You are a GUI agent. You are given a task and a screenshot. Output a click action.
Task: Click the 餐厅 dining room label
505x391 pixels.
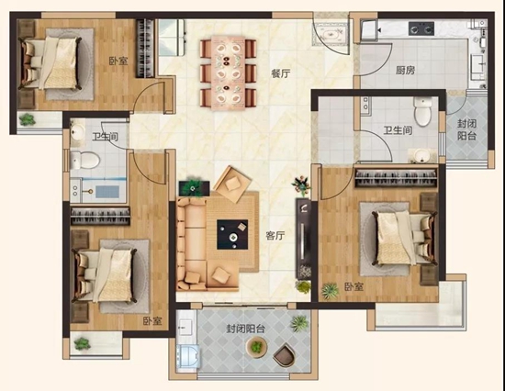point(281,73)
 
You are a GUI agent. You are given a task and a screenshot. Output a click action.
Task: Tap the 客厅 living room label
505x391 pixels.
point(275,236)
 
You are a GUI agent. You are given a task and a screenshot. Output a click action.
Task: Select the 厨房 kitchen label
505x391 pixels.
point(406,70)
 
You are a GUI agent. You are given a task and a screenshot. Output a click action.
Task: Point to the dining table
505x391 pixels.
point(228,73)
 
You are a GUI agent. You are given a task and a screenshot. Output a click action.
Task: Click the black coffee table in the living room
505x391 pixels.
point(232,234)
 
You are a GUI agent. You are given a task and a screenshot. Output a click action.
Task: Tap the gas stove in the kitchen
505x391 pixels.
point(421,28)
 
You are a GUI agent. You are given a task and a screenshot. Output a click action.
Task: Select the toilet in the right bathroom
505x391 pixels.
point(422,111)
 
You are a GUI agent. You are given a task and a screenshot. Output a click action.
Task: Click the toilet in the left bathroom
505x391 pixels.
point(84,160)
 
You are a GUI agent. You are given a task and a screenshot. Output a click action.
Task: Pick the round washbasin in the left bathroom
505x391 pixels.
point(78,131)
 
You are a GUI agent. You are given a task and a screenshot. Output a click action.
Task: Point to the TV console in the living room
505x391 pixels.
point(303,238)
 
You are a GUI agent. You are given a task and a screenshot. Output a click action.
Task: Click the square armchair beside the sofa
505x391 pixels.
point(232,184)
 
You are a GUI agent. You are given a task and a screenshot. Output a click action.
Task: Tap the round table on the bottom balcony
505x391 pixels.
point(257,347)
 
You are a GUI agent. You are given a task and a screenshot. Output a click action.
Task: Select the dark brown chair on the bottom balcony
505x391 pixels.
point(284,354)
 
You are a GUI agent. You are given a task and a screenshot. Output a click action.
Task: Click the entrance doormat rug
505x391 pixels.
point(331,33)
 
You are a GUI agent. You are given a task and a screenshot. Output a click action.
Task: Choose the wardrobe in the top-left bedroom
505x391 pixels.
point(145,49)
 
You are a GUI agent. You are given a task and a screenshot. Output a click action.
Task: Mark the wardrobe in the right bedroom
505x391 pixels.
point(396,178)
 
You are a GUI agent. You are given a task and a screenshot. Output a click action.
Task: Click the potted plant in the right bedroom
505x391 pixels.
point(331,291)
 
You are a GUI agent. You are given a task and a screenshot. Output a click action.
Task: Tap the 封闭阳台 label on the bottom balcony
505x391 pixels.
point(245,329)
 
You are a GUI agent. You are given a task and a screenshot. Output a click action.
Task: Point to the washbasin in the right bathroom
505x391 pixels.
point(421,155)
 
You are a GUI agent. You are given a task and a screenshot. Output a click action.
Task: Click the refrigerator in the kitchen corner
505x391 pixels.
point(369,30)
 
